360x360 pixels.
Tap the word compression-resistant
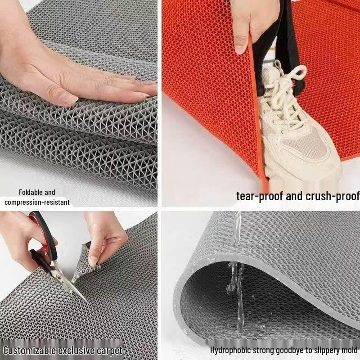tap(37, 202)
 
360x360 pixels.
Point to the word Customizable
tap(29, 351)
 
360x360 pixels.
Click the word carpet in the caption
tap(109, 351)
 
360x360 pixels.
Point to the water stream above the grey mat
tap(236, 229)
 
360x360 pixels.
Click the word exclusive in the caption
tap(76, 351)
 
